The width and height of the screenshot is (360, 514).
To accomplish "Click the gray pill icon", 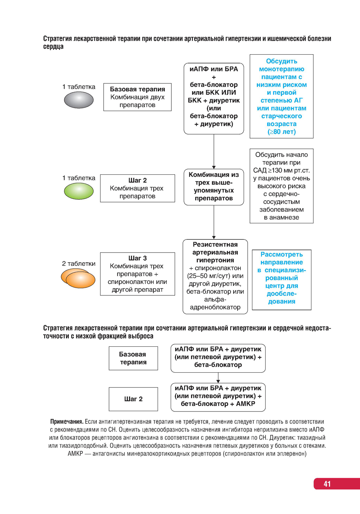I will (78, 100).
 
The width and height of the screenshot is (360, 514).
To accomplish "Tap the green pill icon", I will (78, 191).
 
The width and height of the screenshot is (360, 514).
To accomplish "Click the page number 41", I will (327, 484).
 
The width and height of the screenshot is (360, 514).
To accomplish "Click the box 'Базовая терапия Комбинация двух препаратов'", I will (137, 97).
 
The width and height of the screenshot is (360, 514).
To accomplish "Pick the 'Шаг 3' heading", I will (138, 258).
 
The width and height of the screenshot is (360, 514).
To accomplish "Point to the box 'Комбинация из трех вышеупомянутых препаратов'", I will (214, 187).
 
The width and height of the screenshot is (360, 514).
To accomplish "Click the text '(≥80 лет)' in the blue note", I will (282, 132).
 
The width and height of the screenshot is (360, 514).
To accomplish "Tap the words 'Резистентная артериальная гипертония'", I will (215, 252).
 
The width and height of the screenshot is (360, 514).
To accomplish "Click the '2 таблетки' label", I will (79, 264).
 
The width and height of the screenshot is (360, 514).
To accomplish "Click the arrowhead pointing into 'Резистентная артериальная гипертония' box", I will (214, 237).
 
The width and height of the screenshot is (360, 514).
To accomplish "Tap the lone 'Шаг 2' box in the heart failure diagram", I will (133, 399).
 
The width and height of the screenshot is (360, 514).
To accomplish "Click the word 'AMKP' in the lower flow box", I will (246, 404).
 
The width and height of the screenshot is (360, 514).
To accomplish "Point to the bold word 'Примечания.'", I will (67, 422).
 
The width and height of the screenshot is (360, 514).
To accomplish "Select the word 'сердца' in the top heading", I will (53, 46).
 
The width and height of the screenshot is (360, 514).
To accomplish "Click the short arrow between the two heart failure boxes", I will (218, 378).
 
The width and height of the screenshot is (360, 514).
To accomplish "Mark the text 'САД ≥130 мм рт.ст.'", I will (282, 170).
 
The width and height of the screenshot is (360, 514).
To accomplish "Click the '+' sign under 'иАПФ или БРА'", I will (214, 77).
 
